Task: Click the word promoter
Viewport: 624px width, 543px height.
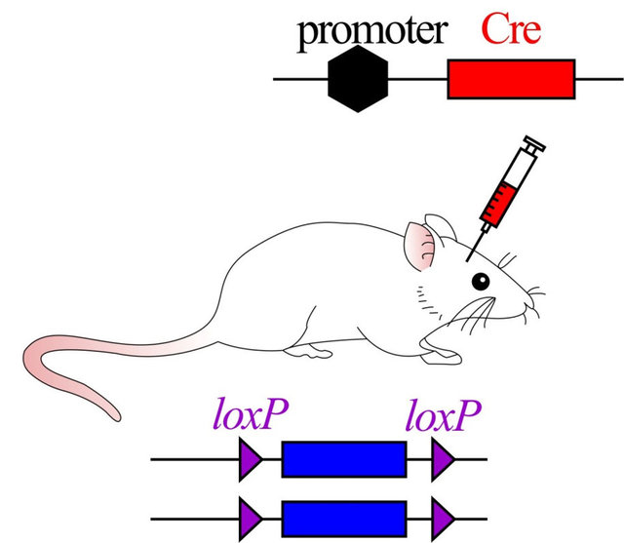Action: tap(372, 32)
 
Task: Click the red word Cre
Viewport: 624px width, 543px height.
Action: tap(511, 28)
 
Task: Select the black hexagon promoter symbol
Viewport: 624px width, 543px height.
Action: tap(358, 78)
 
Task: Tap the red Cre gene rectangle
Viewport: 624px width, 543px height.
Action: tap(511, 79)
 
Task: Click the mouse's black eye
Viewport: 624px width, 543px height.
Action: tap(481, 282)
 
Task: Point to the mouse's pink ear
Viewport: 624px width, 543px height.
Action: tap(419, 246)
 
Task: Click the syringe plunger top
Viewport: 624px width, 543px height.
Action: tap(534, 143)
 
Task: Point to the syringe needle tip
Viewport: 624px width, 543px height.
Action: tap(467, 261)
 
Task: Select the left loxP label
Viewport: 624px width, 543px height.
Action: tap(251, 415)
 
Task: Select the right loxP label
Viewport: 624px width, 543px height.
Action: tap(444, 415)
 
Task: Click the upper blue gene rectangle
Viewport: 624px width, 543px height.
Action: tap(344, 459)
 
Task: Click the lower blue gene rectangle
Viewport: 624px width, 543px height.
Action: tap(344, 520)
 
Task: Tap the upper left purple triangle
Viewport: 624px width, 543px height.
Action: tap(250, 459)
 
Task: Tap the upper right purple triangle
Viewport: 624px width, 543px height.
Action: tap(442, 459)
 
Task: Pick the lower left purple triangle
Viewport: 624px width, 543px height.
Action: tap(250, 520)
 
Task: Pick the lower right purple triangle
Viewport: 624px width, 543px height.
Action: tap(442, 520)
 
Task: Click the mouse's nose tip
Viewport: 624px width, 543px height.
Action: tap(533, 306)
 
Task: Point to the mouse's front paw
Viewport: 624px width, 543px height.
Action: tap(442, 355)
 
